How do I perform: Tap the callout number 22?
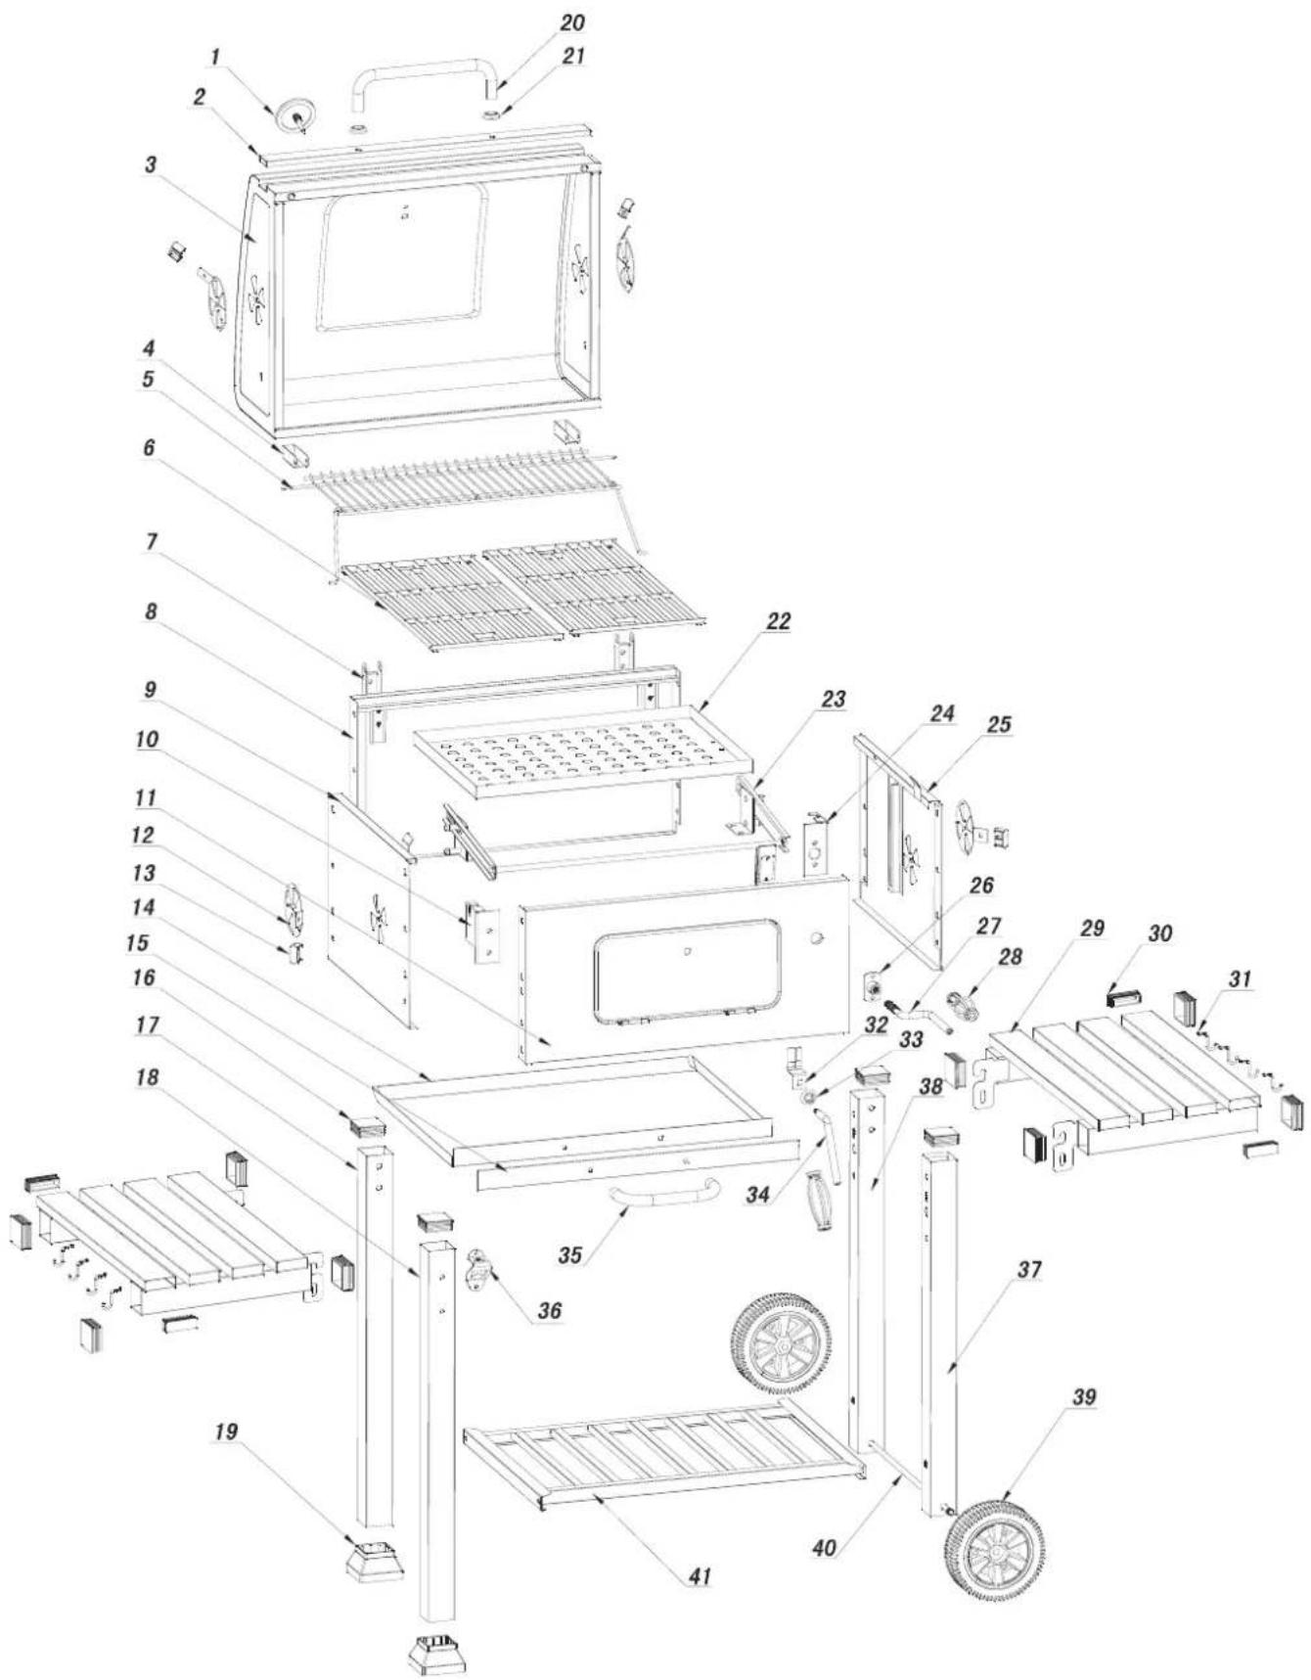(779, 621)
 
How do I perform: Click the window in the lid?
(404, 257)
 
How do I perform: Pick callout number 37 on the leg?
(1029, 1270)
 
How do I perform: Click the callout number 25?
(999, 725)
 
